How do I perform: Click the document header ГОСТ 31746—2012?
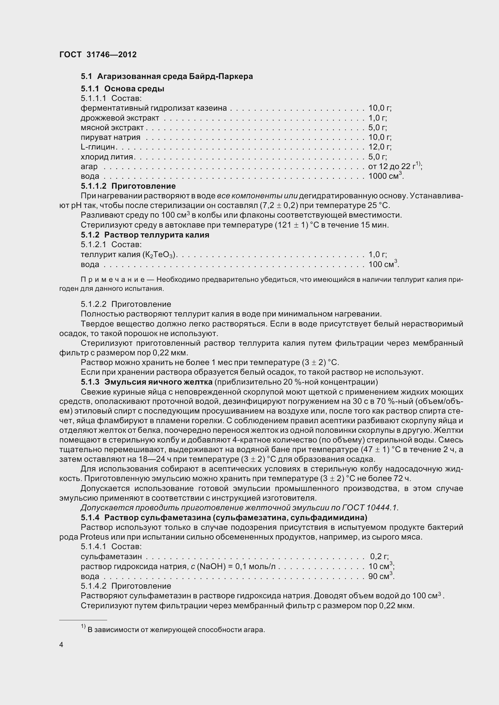98,55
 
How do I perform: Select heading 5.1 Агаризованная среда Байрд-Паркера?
167,76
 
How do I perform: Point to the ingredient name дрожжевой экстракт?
120,118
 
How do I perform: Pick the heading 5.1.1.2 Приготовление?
128,186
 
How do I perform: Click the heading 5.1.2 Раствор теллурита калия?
145,235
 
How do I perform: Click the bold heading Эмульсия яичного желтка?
158,382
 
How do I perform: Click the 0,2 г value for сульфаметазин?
379,557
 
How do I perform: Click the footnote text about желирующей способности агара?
176,630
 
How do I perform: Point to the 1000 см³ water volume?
385,176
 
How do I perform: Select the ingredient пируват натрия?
110,137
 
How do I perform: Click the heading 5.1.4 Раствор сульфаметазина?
224,518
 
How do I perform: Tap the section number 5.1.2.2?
94,304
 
